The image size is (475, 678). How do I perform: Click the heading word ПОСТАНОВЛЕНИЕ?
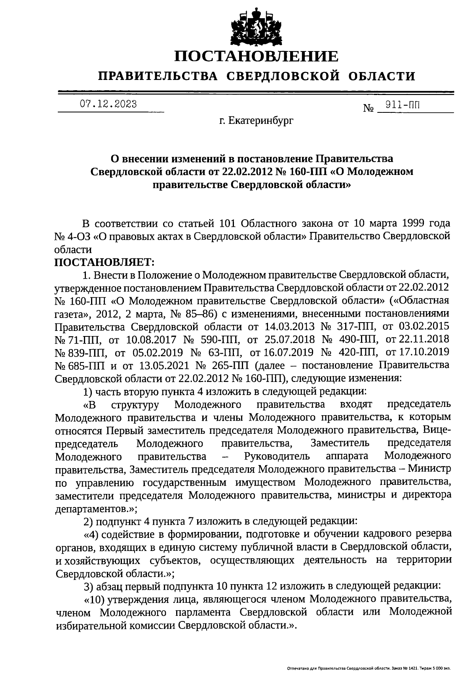click(x=257, y=56)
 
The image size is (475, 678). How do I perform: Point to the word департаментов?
click(x=91, y=507)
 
